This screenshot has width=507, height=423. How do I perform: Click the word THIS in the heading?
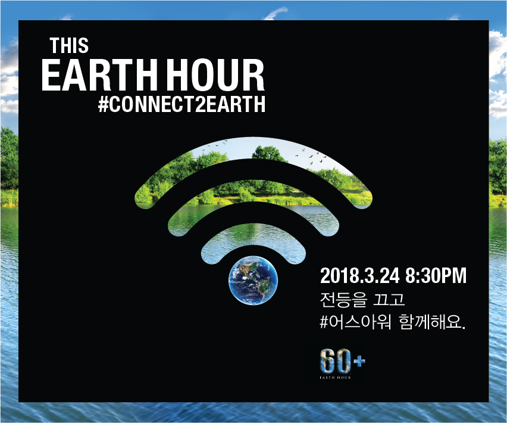coord(69,45)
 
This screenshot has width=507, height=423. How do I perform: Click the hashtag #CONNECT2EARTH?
coord(181,104)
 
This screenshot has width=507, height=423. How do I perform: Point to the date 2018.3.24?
coord(360,276)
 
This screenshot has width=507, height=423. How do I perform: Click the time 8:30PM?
coord(436,276)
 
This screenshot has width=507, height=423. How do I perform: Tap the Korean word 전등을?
coord(344,299)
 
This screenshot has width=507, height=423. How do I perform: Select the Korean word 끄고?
coord(389,299)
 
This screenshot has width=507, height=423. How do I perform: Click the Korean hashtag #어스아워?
coord(355,322)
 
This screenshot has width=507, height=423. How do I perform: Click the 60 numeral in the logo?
coord(335,361)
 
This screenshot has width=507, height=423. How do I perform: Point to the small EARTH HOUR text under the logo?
coord(335,377)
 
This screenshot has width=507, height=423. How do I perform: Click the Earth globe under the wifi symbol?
coord(253,280)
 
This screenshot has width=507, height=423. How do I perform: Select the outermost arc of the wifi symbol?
coord(254,149)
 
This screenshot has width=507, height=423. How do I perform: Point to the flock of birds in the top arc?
coord(311,155)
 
